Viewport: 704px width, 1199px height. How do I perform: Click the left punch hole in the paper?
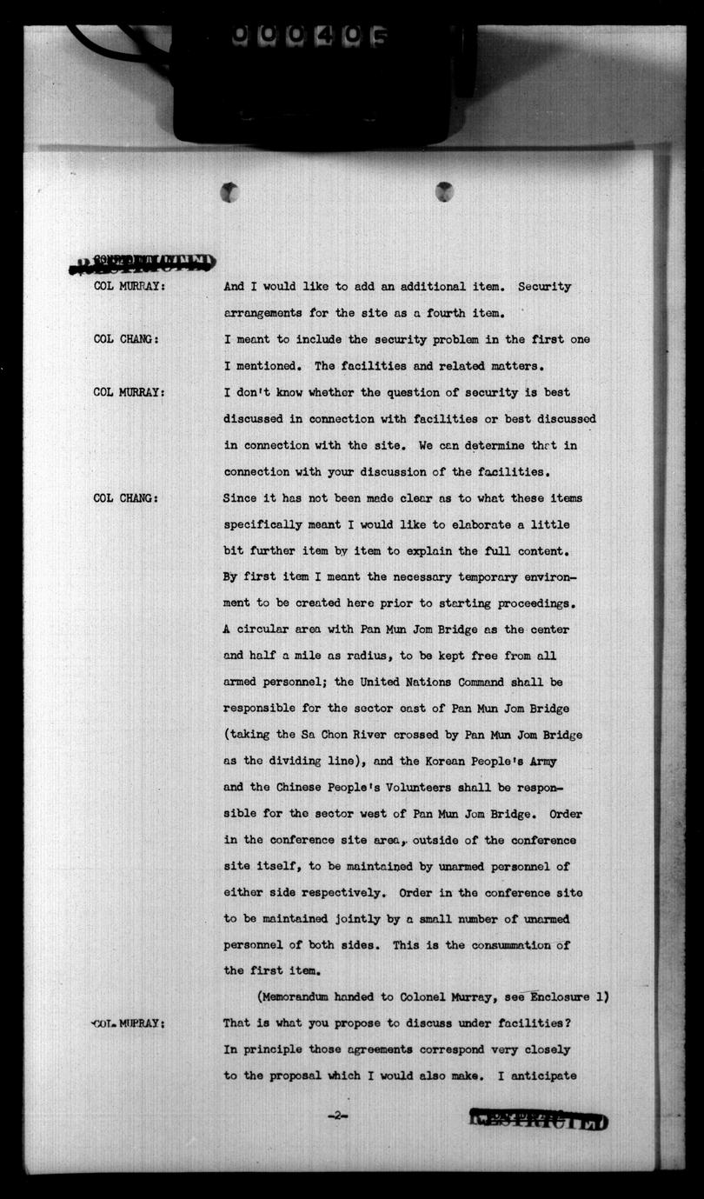(229, 192)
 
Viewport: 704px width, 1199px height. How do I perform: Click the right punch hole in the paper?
(444, 191)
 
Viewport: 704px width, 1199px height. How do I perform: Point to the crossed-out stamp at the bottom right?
(538, 1119)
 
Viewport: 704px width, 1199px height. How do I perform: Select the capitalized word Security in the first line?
(544, 287)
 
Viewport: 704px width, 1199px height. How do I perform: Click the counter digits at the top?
(309, 36)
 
